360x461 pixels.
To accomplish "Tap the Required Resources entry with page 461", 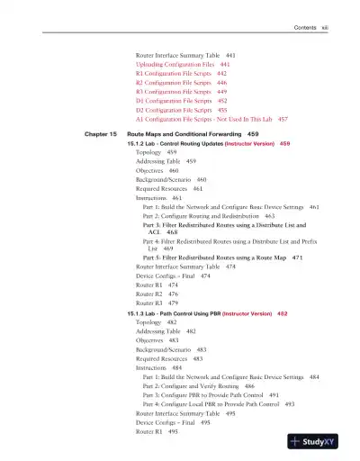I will click(x=162, y=188).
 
